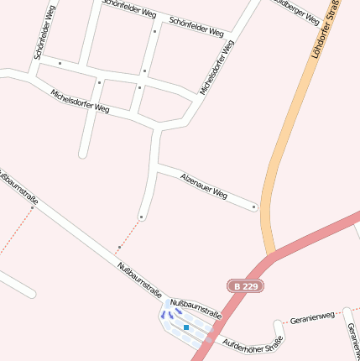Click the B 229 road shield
pos(246,286)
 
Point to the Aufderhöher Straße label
pos(252,345)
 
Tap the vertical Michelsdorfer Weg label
pos(217,66)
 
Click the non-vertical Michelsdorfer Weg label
pos(80,101)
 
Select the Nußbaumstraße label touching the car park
pos(196,308)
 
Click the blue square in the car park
pos(186,327)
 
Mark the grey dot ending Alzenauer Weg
pos(254,207)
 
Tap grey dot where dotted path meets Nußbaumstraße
pos(118,249)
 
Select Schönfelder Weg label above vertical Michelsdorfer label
pos(196,27)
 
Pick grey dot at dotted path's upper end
pos(142,217)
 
